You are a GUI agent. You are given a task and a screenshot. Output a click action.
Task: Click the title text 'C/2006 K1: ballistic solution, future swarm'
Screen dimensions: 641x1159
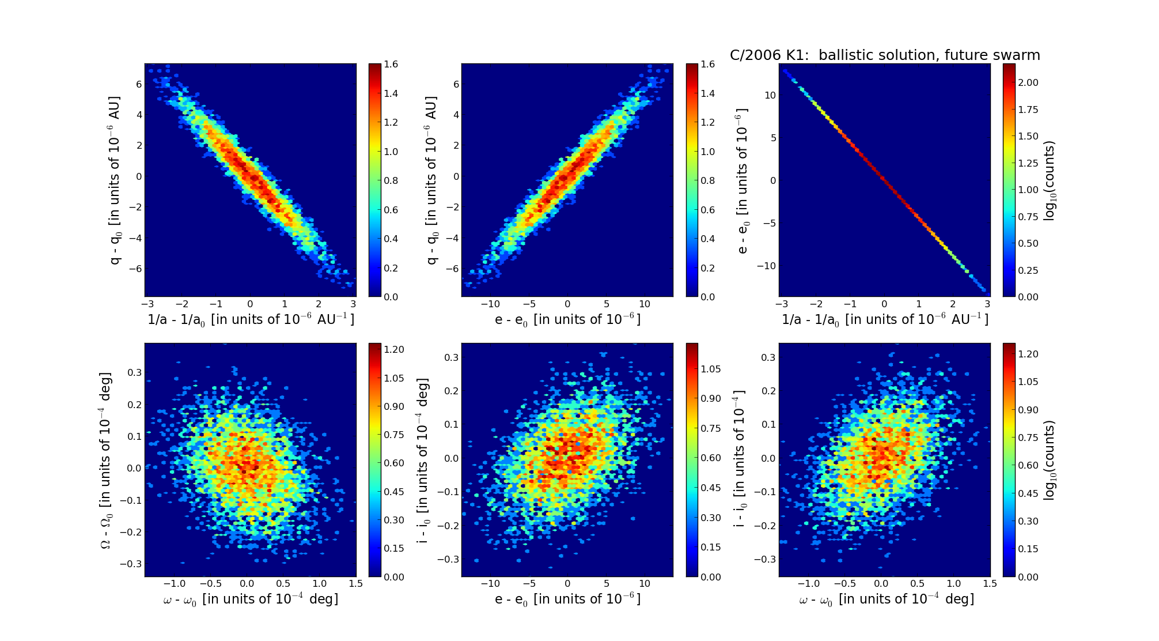[885, 55]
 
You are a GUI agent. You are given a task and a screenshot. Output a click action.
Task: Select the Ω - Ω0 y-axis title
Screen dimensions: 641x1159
[106, 459]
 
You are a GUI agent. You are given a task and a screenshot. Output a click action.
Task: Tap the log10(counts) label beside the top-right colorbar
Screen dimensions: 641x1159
[1050, 180]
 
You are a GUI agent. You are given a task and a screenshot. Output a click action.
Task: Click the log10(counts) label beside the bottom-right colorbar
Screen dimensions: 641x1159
[1050, 459]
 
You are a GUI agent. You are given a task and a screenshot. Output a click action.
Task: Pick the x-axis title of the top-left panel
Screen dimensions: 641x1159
[251, 319]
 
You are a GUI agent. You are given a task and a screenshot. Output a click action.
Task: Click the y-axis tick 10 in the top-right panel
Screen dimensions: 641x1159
[770, 95]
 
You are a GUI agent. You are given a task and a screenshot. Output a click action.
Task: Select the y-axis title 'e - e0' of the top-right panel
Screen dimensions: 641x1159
[742, 180]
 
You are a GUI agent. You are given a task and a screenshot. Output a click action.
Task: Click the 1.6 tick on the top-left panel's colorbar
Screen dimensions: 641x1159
[391, 65]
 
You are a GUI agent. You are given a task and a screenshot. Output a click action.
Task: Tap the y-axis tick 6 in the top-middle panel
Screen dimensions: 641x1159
[456, 84]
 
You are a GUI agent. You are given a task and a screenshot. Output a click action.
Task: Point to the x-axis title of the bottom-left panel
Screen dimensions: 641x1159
[251, 599]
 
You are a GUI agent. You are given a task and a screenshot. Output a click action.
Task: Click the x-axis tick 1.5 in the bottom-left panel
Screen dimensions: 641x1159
[356, 583]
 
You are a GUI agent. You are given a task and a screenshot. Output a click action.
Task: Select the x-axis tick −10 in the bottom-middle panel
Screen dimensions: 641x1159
[490, 583]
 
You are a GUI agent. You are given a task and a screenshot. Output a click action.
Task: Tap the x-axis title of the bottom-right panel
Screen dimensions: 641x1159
[886, 599]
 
